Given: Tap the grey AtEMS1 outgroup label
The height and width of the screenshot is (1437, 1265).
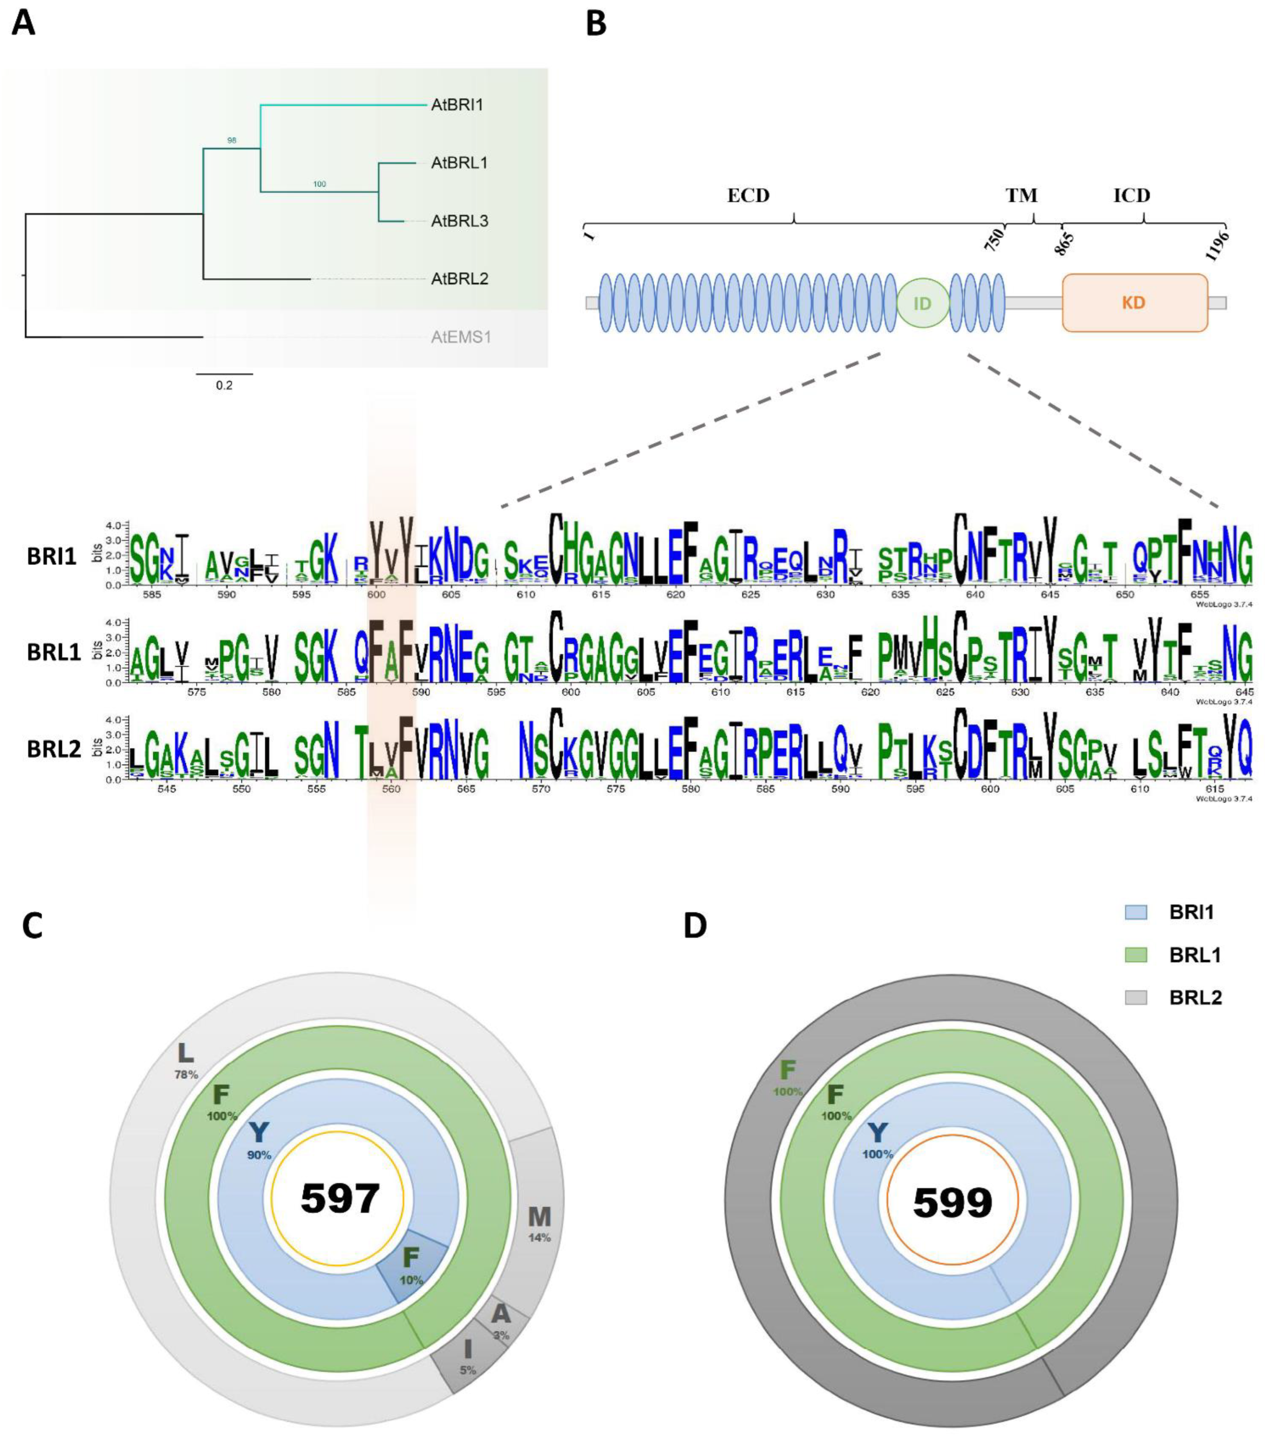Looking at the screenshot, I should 461,337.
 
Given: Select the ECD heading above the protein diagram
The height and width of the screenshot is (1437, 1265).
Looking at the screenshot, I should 748,196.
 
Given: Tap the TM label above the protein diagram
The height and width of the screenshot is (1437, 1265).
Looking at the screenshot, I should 1021,196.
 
